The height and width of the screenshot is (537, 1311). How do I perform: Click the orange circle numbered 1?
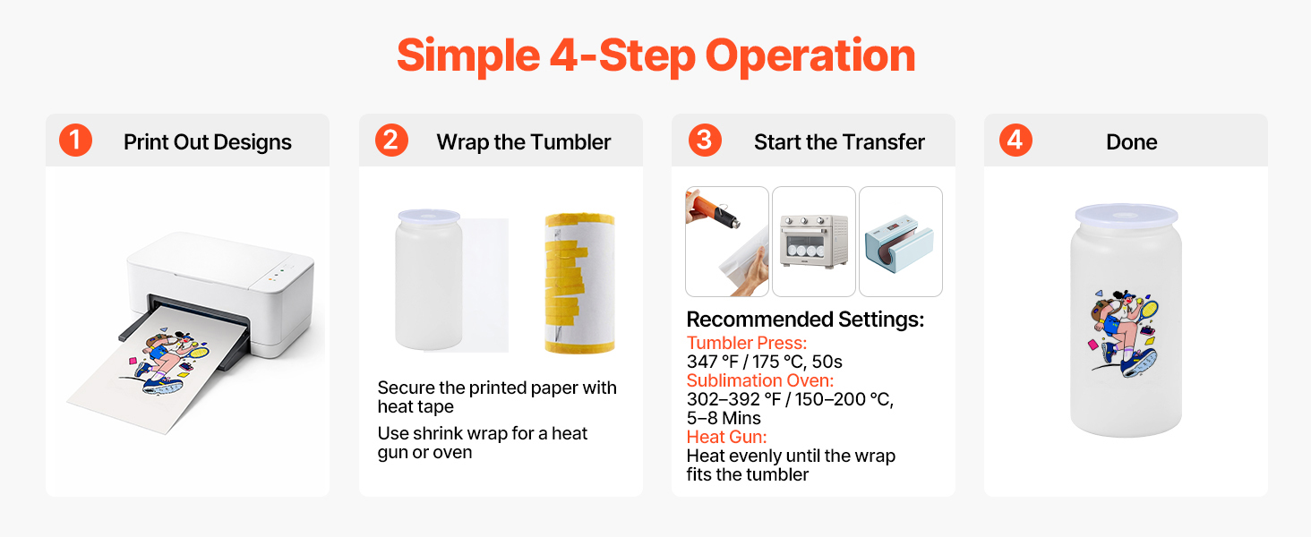pyautogui.click(x=75, y=141)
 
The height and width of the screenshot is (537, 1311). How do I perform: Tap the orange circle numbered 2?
pyautogui.click(x=391, y=141)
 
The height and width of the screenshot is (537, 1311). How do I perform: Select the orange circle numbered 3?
pyautogui.click(x=705, y=141)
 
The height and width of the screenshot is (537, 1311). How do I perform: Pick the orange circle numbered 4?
pyautogui.click(x=1015, y=141)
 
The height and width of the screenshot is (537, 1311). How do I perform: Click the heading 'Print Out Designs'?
pyautogui.click(x=207, y=142)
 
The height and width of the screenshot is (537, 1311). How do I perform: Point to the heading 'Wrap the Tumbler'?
pyautogui.click(x=523, y=142)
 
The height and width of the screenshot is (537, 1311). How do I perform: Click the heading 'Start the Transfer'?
pyautogui.click(x=839, y=142)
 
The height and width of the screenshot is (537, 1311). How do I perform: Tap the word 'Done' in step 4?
pyautogui.click(x=1131, y=142)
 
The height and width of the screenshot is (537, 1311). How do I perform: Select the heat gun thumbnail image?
pyautogui.click(x=727, y=242)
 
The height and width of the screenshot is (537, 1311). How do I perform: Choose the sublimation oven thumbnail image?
pyautogui.click(x=813, y=242)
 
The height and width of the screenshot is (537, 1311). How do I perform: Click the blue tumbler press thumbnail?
pyautogui.click(x=901, y=242)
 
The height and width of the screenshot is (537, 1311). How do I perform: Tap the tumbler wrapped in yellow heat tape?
pyautogui.click(x=579, y=283)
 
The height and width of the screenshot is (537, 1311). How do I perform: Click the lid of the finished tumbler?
pyautogui.click(x=1127, y=215)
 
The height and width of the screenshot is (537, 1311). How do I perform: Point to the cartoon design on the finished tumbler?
pyautogui.click(x=1124, y=333)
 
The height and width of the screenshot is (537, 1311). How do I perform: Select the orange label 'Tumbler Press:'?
pyautogui.click(x=747, y=343)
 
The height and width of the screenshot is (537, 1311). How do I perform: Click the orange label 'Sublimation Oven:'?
pyautogui.click(x=760, y=380)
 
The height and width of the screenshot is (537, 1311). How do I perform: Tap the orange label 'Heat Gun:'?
pyautogui.click(x=726, y=437)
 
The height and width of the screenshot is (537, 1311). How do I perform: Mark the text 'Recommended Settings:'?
pyautogui.click(x=805, y=320)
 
